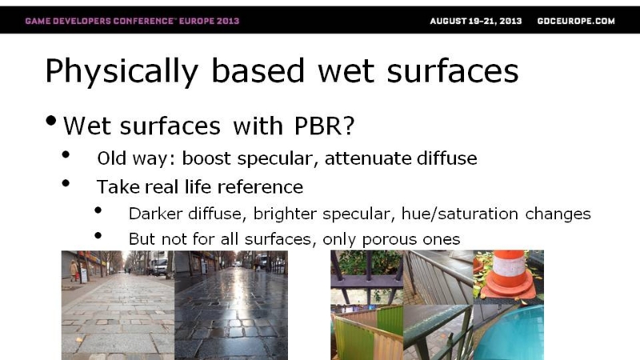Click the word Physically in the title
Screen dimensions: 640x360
click(x=122, y=71)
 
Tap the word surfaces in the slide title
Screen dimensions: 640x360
click(x=453, y=70)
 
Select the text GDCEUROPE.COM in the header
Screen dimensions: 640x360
click(x=576, y=22)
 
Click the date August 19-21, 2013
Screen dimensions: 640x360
click(x=475, y=22)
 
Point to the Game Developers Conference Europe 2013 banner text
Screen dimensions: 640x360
click(x=132, y=22)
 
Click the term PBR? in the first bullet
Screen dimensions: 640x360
click(x=324, y=126)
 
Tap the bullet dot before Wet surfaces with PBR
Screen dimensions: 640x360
click(x=51, y=121)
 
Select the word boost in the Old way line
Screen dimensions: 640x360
click(x=206, y=158)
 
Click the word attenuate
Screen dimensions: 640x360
click(x=362, y=158)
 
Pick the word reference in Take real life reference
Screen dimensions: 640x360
click(x=260, y=187)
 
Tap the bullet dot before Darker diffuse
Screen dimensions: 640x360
click(x=98, y=210)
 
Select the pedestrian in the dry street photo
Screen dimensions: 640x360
click(x=74, y=270)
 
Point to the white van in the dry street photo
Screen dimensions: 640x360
click(x=158, y=266)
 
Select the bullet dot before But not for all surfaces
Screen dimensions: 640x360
click(x=98, y=235)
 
